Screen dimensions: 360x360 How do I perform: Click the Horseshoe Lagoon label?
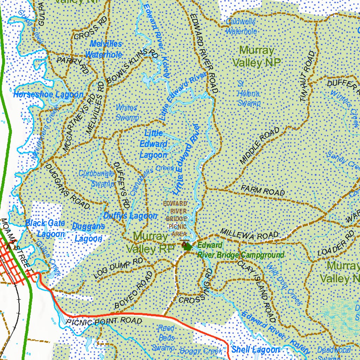pyautogui.click(x=48, y=95)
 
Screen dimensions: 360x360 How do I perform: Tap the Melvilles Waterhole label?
pyautogui.click(x=104, y=49)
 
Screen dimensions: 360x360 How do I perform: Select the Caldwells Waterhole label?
pyautogui.click(x=241, y=26)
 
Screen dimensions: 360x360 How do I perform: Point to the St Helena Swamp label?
pyautogui.click(x=249, y=94)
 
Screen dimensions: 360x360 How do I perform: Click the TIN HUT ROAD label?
pyautogui.click(x=307, y=77)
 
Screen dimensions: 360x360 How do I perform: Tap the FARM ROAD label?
pyautogui.click(x=263, y=190)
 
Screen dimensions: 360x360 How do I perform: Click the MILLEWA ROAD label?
pyautogui.click(x=249, y=234)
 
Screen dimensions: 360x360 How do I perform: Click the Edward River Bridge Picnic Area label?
pyautogui.click(x=175, y=219)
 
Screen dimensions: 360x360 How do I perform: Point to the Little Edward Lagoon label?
pyautogui.click(x=153, y=144)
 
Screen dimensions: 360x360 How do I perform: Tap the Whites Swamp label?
pyautogui.click(x=127, y=112)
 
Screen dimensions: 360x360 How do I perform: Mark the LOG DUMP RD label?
pyautogui.click(x=118, y=269)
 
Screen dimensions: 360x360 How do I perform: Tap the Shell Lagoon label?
pyautogui.click(x=256, y=349)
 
